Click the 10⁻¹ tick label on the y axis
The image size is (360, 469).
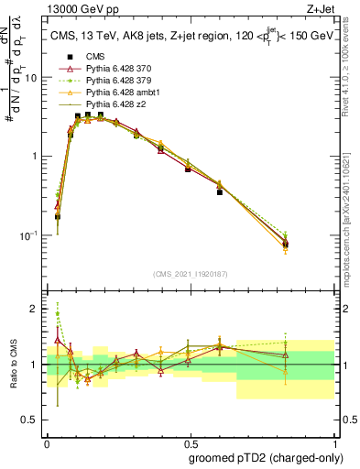point(29,235)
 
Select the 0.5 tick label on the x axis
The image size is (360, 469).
point(190,440)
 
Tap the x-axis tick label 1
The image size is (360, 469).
point(333,440)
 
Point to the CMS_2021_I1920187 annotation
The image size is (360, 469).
point(190,275)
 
